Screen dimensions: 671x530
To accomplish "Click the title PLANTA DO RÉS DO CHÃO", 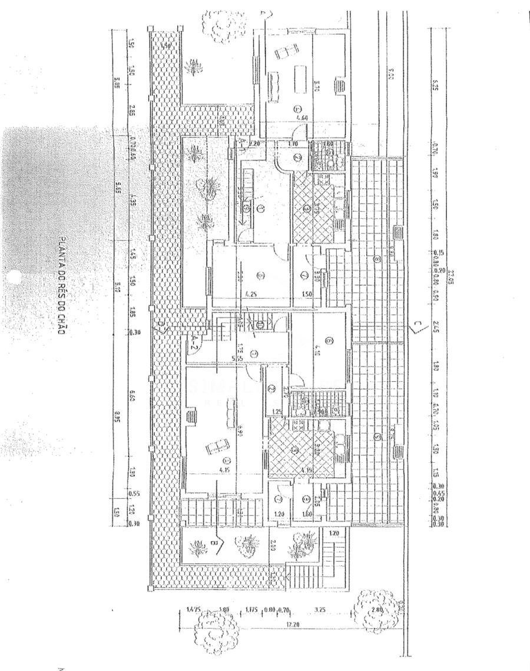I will pyautogui.click(x=61, y=286).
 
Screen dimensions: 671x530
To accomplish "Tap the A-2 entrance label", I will pyautogui.click(x=192, y=346).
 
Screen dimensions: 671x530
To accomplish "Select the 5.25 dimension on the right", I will pyautogui.click(x=436, y=85).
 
